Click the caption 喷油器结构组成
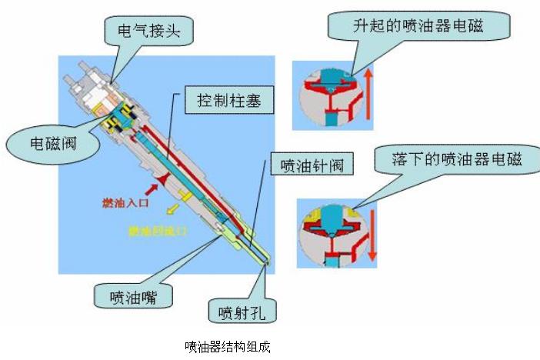point(228,346)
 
